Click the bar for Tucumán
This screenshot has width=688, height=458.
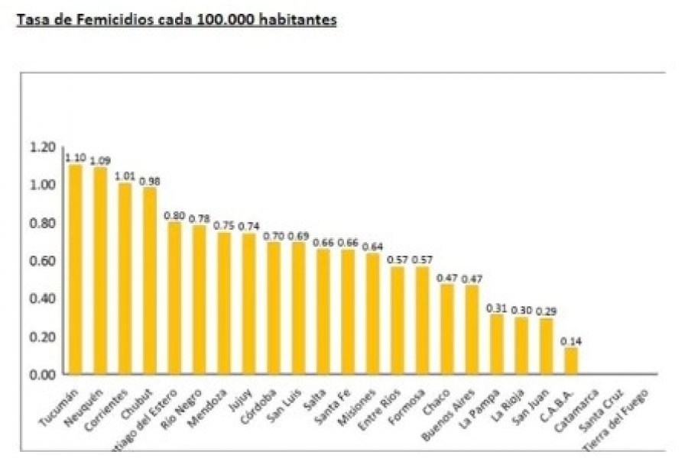[76, 269]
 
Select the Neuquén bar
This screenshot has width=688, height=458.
[100, 270]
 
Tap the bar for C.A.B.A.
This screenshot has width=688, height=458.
[571, 360]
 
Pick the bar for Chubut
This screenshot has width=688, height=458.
[150, 280]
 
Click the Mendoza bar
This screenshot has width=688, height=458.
[224, 303]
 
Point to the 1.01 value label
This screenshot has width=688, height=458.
[125, 176]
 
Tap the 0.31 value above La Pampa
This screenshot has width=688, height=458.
[497, 308]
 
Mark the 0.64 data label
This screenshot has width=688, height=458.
[372, 247]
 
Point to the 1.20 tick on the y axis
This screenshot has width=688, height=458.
[43, 147]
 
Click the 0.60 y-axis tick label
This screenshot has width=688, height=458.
[43, 260]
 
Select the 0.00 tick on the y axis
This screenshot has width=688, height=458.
[43, 374]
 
